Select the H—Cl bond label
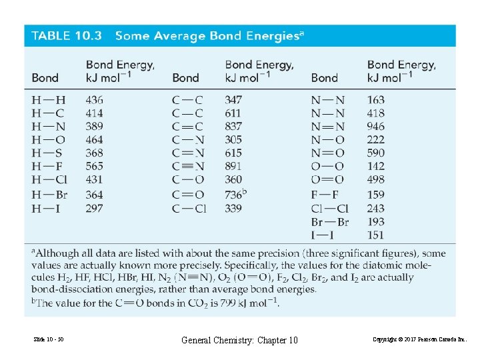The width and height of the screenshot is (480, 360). pos(49,180)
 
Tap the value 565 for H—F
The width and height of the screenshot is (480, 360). pos(95,167)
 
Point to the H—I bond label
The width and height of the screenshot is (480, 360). pos(47,208)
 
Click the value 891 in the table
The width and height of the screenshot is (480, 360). pos(233,167)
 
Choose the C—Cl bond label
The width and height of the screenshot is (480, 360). pos(189,208)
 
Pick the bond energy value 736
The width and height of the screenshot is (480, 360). pos(233,194)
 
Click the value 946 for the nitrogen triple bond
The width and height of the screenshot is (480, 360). pos(375,127)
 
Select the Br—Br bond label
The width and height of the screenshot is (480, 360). pos(329,222)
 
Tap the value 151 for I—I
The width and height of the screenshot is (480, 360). pos(375,235)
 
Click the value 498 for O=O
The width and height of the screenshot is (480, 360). pos(375,180)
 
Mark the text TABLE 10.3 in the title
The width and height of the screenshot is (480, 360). pos(67,36)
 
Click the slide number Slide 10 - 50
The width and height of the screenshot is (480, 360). pos(48,341)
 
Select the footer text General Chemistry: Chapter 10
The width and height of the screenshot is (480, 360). pos(240,341)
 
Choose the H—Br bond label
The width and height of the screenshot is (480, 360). pos(49,194)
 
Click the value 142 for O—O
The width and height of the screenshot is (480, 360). pos(375,167)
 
